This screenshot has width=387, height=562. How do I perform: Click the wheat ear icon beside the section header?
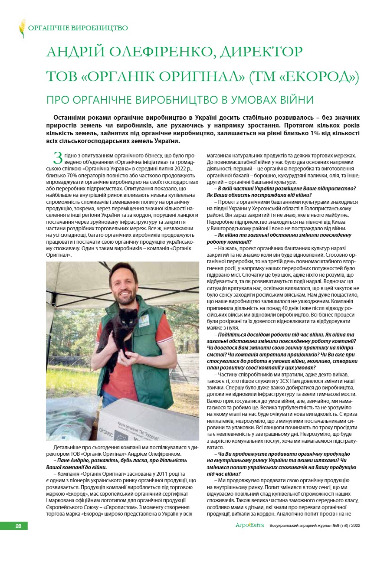[x=22, y=28]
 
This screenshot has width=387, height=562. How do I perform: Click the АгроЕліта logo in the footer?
[x=246, y=526]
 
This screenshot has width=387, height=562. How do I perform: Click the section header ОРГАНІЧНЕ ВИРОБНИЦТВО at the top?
[x=78, y=28]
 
